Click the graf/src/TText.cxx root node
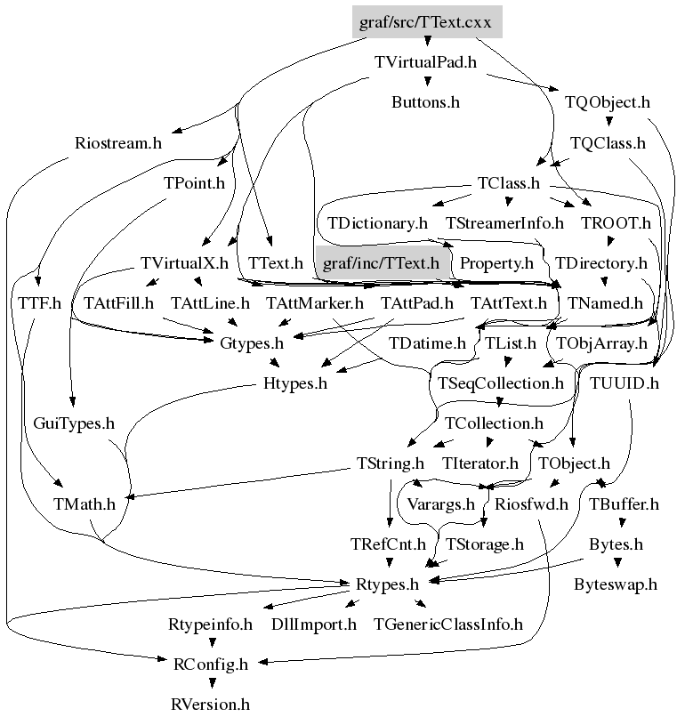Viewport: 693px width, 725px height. [x=427, y=22]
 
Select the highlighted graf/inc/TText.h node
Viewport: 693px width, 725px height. [x=381, y=263]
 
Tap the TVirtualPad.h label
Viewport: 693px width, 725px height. [x=425, y=63]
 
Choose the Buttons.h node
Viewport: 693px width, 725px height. [x=425, y=102]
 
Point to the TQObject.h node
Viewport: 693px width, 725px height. [x=608, y=102]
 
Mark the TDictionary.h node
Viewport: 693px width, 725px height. [x=377, y=222]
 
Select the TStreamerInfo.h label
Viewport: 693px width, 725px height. [x=505, y=222]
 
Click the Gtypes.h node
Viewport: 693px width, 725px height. [x=252, y=342]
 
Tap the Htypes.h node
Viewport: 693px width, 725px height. [x=296, y=383]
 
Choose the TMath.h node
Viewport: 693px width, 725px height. [x=85, y=504]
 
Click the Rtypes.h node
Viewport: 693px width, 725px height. [x=387, y=584]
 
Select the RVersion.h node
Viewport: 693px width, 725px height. [x=211, y=705]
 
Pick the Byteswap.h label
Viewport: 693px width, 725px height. [x=616, y=584]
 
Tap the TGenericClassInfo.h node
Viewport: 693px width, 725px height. [x=447, y=624]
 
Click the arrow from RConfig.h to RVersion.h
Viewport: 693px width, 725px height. [x=211, y=683]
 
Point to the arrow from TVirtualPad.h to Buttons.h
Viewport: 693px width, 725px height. [x=426, y=83]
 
